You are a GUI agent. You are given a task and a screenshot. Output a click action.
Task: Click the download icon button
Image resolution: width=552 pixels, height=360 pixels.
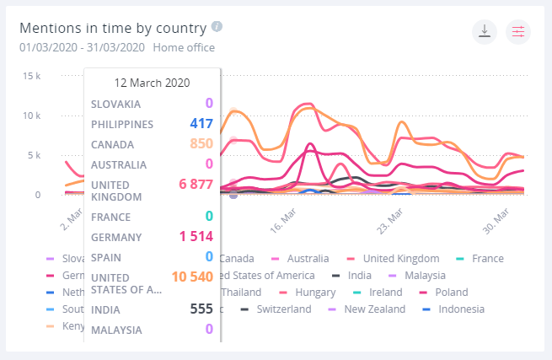coord(484,32)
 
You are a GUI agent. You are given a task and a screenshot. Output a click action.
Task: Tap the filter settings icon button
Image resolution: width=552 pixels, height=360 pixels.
coord(517,32)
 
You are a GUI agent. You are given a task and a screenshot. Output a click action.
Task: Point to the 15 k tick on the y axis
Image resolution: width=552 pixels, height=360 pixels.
coord(30,76)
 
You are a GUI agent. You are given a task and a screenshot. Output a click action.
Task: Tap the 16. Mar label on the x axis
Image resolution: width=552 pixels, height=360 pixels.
coord(284,218)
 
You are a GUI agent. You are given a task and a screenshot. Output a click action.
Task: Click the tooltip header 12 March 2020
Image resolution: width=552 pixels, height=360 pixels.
coord(152,83)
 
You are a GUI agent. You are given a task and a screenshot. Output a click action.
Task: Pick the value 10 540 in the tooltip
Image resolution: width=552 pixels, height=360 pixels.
coord(191,276)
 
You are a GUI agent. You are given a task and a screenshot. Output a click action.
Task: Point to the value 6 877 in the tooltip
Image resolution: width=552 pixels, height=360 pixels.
coord(191,185)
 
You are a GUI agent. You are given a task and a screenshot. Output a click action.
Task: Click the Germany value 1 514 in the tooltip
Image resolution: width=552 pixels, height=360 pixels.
coord(195,236)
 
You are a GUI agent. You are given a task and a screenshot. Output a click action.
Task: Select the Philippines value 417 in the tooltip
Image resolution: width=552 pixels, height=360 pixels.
coord(201,124)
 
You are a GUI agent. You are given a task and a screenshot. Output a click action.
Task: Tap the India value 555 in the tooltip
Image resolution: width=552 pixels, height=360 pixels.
coord(201,309)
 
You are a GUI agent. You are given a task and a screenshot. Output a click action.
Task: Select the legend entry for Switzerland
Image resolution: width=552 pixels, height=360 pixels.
coord(281,309)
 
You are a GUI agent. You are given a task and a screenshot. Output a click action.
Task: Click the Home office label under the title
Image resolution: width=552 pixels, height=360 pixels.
coord(184,48)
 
